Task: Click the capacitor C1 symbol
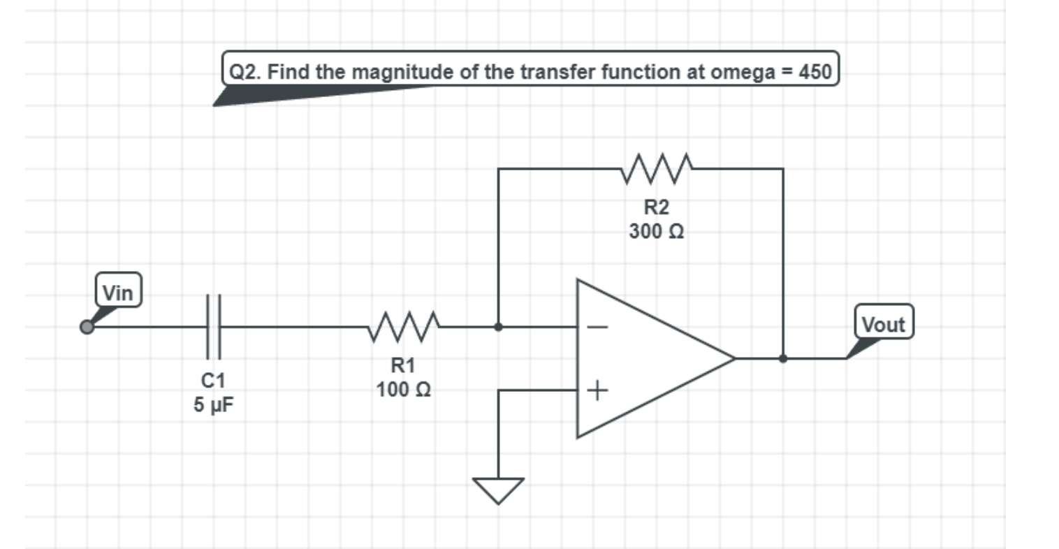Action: [x=213, y=326]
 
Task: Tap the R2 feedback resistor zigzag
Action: [x=656, y=168]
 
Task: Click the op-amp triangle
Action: [x=643, y=358]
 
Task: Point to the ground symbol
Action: [x=498, y=490]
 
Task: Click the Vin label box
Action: [x=118, y=292]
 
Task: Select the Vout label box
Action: [x=883, y=324]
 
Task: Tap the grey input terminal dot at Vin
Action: [x=87, y=327]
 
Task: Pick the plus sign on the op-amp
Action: [x=598, y=390]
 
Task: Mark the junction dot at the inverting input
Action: [x=498, y=326]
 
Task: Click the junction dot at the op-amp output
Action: [x=783, y=358]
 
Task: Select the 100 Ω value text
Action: [x=403, y=389]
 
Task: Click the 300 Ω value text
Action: [x=656, y=231]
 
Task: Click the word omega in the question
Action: [x=740, y=72]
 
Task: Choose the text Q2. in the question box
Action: [x=246, y=71]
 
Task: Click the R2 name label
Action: [x=656, y=207]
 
